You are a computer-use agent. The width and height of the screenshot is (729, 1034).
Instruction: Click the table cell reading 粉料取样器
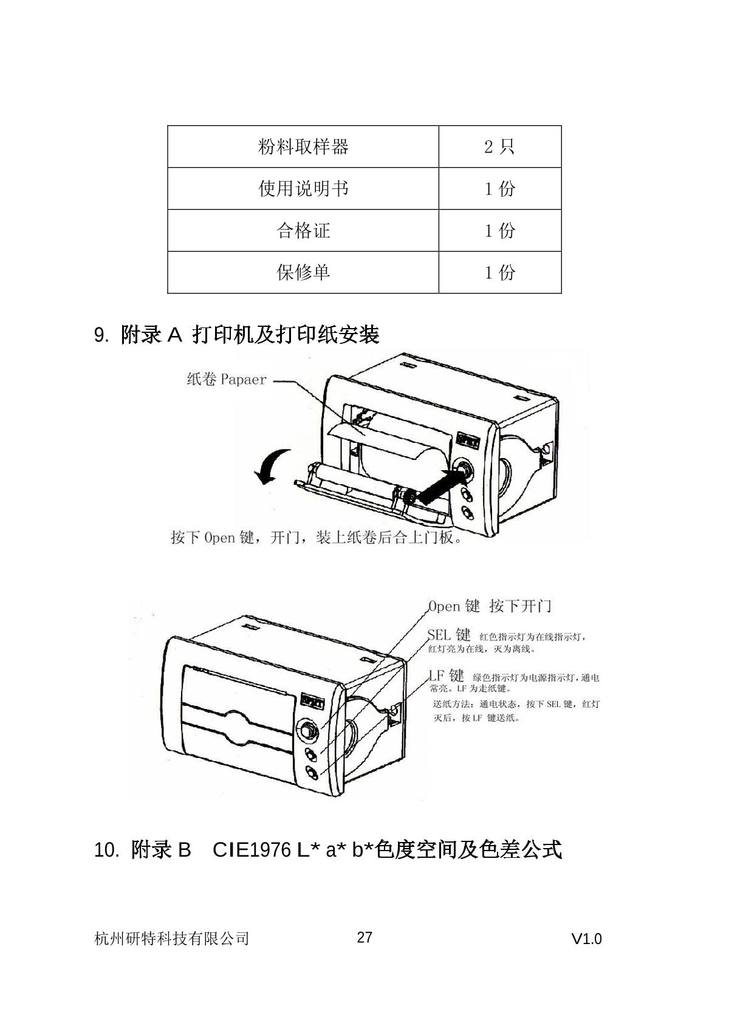303,147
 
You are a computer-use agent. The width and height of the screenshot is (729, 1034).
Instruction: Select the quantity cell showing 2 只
499,147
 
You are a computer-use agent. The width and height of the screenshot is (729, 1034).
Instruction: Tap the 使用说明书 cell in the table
303,189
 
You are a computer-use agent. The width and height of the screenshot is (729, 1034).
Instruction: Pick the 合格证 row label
303,231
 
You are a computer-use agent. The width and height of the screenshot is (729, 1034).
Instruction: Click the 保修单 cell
303,272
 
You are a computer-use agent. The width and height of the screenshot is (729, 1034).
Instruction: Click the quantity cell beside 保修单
499,272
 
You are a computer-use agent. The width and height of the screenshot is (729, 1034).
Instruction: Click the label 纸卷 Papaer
227,380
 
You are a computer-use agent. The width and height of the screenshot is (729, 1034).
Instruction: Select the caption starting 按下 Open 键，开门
316,538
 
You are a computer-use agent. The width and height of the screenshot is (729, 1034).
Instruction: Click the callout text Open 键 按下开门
490,606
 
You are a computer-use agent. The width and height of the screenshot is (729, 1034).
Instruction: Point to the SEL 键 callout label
449,635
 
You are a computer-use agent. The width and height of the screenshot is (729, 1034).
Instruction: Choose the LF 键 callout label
447,676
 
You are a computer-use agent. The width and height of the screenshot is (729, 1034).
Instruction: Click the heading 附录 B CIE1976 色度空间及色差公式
328,849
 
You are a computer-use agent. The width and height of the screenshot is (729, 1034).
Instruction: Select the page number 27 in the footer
364,937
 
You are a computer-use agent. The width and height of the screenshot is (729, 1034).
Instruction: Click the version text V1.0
586,939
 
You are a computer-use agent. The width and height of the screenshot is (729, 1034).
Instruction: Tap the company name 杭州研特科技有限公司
172,939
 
